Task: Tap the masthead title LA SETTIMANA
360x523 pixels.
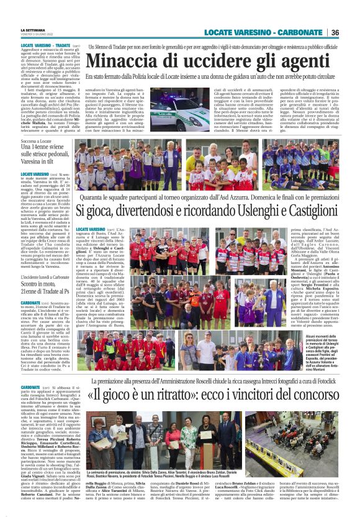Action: click(33, 29)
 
